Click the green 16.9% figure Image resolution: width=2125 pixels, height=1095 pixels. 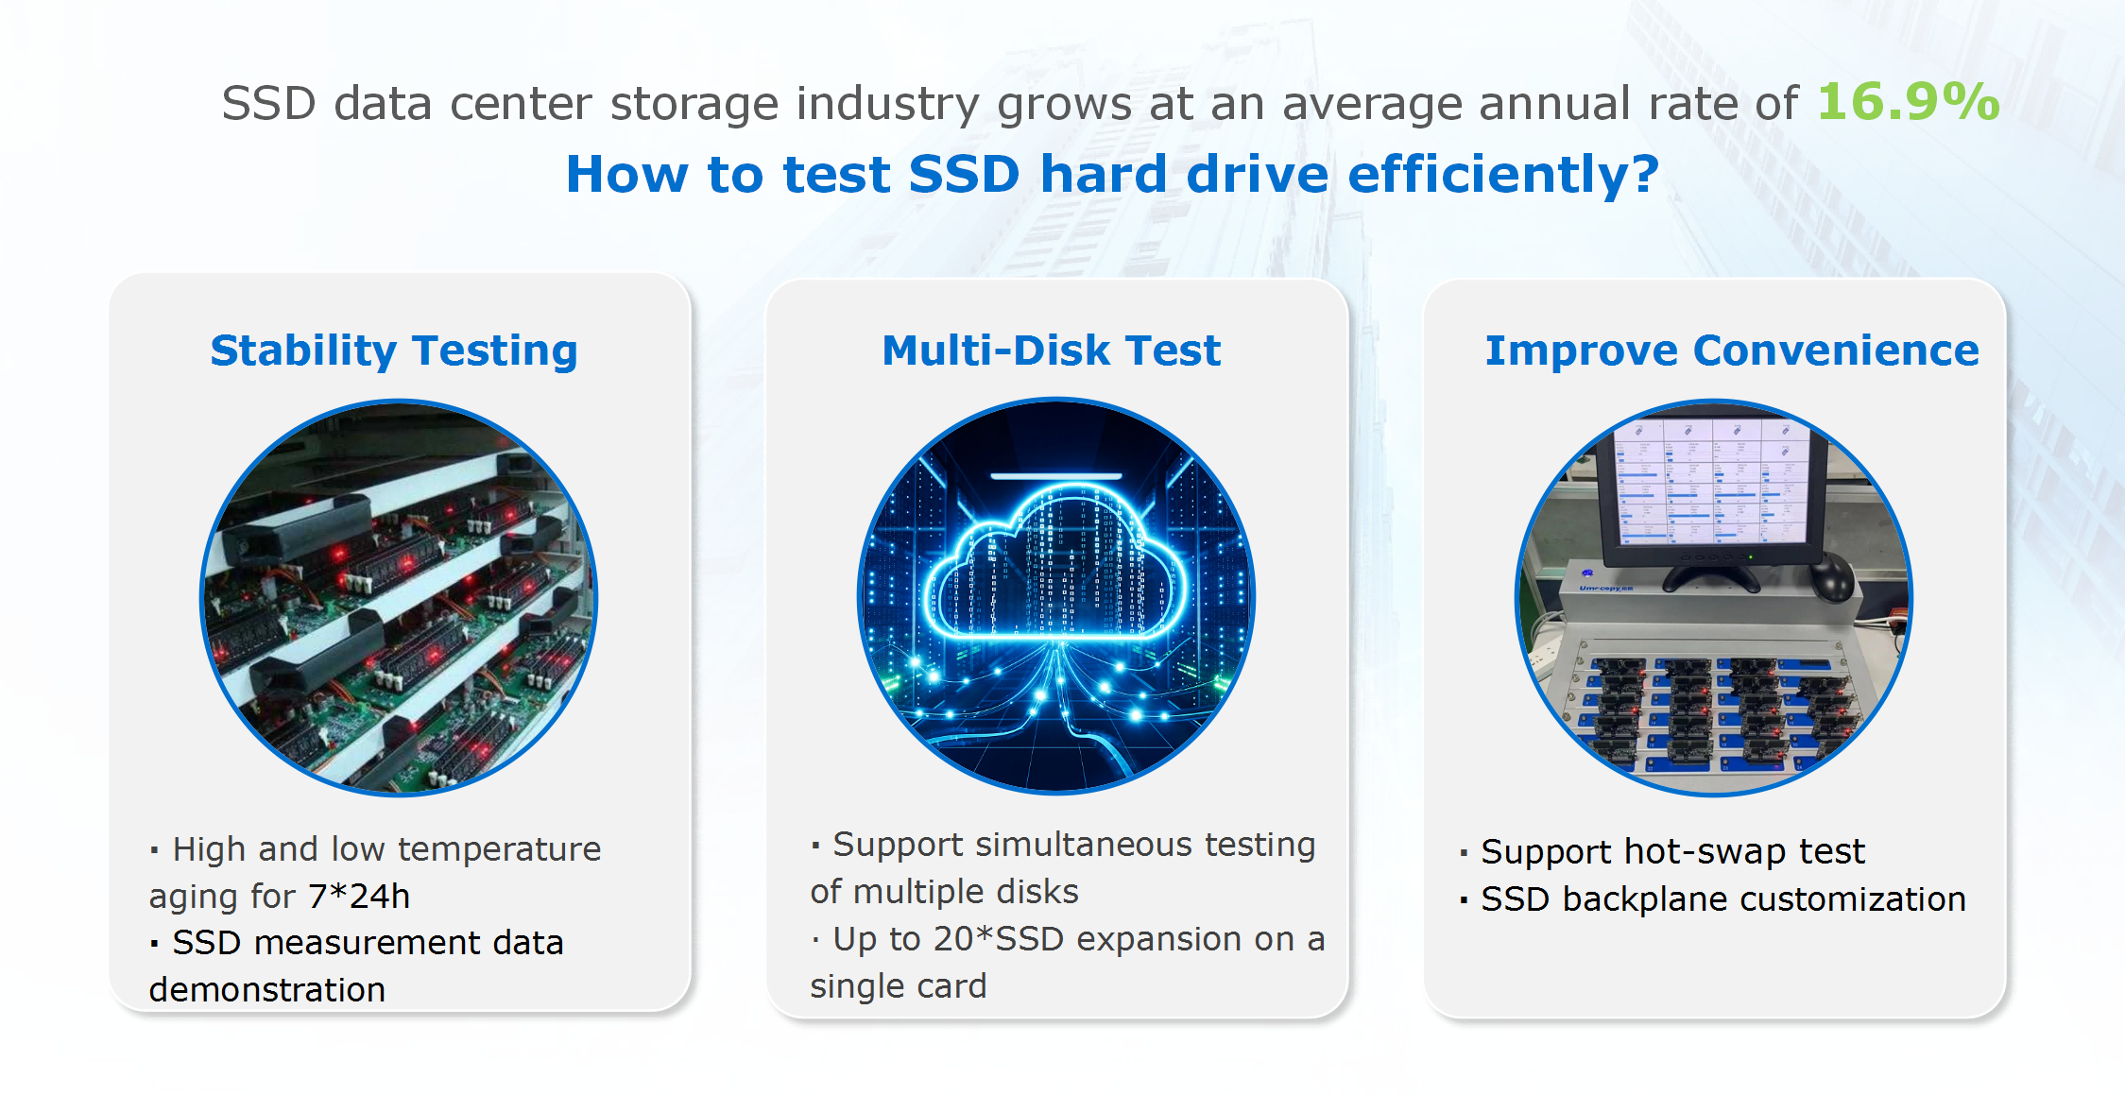tap(1909, 101)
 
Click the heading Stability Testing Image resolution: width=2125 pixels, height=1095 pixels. tap(394, 351)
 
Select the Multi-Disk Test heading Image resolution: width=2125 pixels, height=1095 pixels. tap(1052, 351)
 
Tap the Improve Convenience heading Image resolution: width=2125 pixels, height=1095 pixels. tap(1732, 351)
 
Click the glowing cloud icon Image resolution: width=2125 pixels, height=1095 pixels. tap(1056, 562)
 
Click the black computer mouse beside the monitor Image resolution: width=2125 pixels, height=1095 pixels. tap(1834, 575)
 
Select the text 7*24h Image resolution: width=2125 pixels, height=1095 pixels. tap(359, 896)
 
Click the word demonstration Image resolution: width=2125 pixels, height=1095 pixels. tap(267, 989)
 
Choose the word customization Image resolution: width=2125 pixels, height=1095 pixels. tap(1853, 899)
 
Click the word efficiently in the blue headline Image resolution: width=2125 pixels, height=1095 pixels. tap(1503, 175)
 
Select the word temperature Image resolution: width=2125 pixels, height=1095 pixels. tap(506, 849)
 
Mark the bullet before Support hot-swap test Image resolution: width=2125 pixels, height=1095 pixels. tap(1464, 853)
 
